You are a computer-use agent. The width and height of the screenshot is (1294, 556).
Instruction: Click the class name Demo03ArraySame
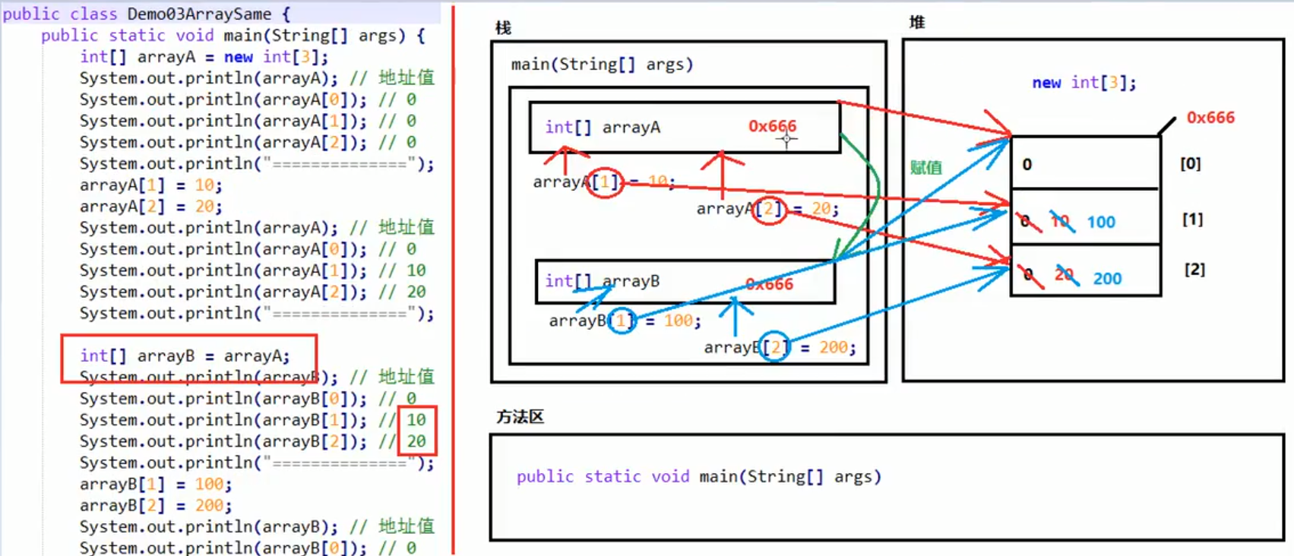[x=199, y=14]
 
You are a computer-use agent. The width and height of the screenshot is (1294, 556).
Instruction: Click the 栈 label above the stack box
[x=503, y=28]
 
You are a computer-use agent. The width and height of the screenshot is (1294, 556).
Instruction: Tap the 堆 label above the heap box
[x=917, y=23]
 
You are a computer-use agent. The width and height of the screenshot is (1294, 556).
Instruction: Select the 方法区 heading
[x=520, y=417]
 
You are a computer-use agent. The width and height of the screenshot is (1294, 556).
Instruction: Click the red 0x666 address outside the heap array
[x=1210, y=118]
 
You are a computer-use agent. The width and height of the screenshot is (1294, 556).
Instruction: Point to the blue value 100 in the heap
[x=1101, y=223]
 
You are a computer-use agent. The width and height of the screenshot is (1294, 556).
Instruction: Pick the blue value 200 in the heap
[x=1107, y=279]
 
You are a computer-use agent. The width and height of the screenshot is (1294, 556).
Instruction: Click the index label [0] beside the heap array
[x=1190, y=164]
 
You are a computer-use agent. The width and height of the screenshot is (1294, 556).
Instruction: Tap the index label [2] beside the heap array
[x=1194, y=270]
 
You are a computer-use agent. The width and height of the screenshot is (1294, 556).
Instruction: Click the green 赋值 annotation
[x=925, y=168]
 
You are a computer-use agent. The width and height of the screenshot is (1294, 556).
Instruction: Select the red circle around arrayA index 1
[x=606, y=182]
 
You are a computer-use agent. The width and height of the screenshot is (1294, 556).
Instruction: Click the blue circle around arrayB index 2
[x=775, y=347]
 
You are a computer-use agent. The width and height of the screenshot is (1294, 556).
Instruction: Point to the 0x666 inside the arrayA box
[x=772, y=126]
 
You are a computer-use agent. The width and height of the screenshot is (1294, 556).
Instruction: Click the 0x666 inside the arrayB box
[x=769, y=284]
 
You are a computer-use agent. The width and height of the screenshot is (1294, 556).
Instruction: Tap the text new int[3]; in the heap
[x=1084, y=83]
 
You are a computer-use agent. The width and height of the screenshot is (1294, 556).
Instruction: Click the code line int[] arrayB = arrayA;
[x=185, y=355]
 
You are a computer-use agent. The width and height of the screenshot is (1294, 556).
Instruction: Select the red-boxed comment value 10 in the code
[x=416, y=420]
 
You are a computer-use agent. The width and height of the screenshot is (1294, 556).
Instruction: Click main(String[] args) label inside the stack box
[x=602, y=65]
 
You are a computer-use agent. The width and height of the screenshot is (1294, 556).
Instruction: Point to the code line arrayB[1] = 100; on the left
[x=156, y=484]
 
